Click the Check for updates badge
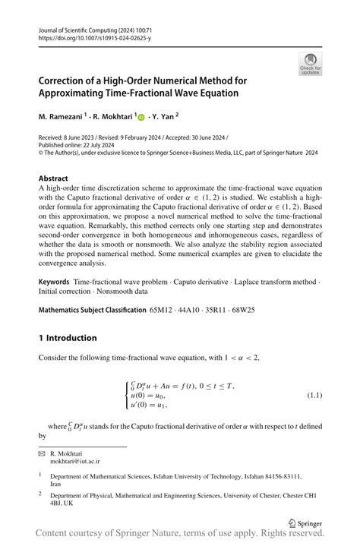point(311,64)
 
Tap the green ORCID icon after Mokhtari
point(141,118)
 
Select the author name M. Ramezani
point(62,118)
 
